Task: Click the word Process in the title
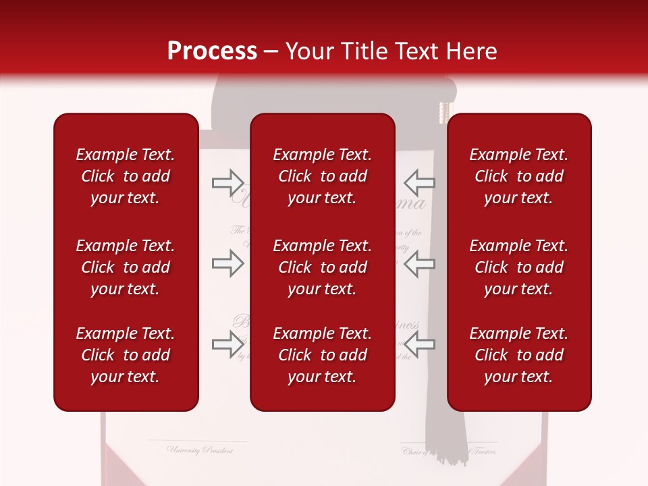pyautogui.click(x=212, y=51)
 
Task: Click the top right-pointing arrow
pyautogui.click(x=227, y=182)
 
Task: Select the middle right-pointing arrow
pyautogui.click(x=227, y=264)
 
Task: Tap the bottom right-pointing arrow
pyautogui.click(x=227, y=344)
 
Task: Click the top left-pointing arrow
pyautogui.click(x=419, y=182)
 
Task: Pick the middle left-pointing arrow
pyautogui.click(x=419, y=264)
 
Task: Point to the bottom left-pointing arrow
pyautogui.click(x=419, y=344)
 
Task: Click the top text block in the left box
pyautogui.click(x=126, y=176)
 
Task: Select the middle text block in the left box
pyautogui.click(x=126, y=267)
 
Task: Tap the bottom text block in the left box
pyautogui.click(x=126, y=355)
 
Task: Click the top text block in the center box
pyautogui.click(x=322, y=176)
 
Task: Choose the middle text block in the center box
pyautogui.click(x=322, y=267)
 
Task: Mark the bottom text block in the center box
pyautogui.click(x=322, y=355)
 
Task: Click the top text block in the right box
pyautogui.click(x=518, y=176)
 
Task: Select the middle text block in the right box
pyautogui.click(x=518, y=267)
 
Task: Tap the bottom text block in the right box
pyautogui.click(x=518, y=355)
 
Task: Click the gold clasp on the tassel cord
pyautogui.click(x=444, y=112)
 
